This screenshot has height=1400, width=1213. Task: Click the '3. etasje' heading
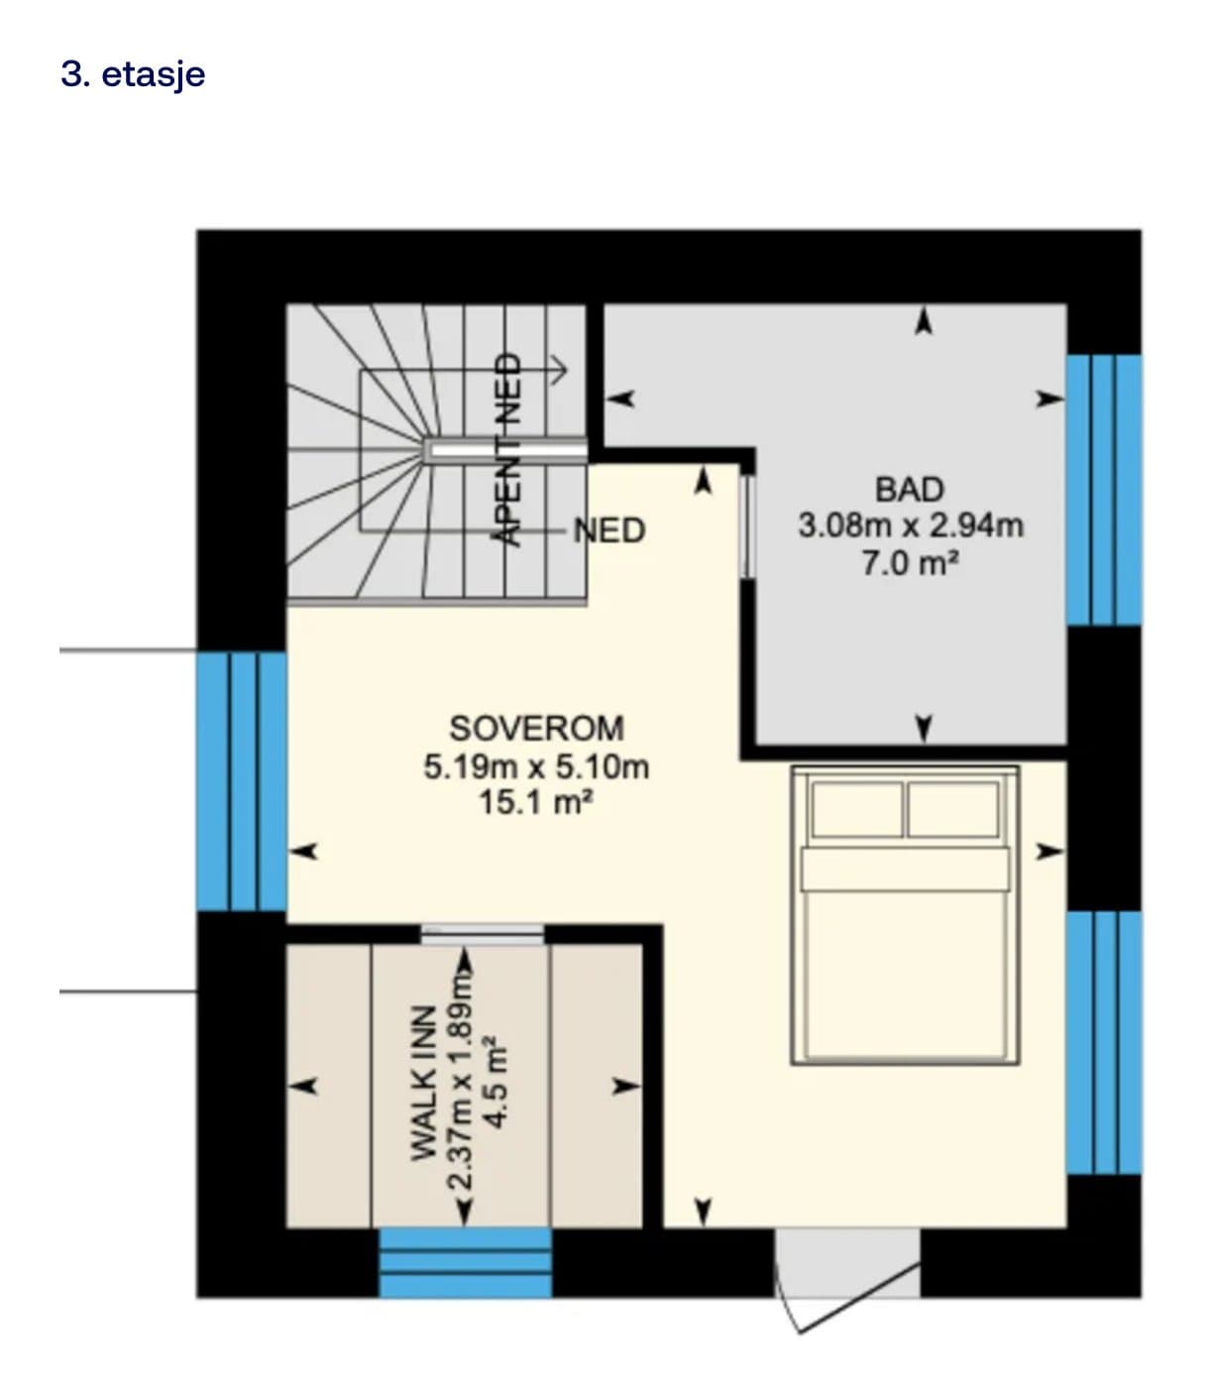coord(133,73)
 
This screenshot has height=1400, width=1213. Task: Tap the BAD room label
coord(909,490)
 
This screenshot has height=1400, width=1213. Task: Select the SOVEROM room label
coord(537,729)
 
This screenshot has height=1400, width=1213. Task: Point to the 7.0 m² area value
coord(911,563)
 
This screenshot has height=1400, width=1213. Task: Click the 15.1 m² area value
coord(536,802)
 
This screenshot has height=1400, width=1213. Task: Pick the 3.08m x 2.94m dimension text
coord(911,526)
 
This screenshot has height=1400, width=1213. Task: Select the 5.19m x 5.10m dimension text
coord(537,766)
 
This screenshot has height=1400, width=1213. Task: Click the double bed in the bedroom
coord(905,915)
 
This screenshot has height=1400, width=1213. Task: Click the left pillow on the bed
coord(857,809)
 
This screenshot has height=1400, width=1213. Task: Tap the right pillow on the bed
coord(953,809)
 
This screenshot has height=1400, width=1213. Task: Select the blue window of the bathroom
coord(1104,490)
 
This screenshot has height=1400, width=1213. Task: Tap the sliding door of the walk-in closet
coord(482,934)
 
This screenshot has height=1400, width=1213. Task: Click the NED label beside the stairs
coord(609,530)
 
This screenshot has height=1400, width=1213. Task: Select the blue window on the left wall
coord(242,781)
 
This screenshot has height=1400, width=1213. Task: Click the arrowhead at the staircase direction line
coord(561,371)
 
